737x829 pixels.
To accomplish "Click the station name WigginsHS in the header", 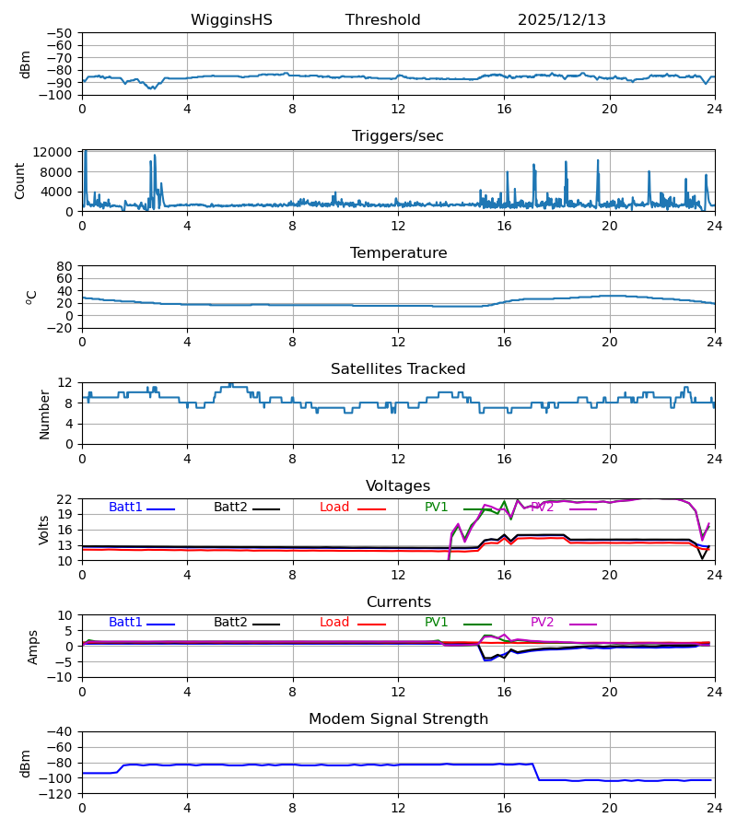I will (x=231, y=20).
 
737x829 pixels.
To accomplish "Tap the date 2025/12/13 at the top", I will (x=561, y=20).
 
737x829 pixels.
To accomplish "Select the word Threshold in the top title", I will (x=382, y=20).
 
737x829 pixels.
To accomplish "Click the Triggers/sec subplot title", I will (x=397, y=136).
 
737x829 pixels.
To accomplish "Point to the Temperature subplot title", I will (x=398, y=253).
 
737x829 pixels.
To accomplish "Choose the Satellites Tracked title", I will (x=398, y=369).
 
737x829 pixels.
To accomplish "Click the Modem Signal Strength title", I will (x=398, y=719).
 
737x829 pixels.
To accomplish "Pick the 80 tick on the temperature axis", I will (x=64, y=266).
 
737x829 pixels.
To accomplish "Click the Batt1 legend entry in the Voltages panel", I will (x=126, y=508).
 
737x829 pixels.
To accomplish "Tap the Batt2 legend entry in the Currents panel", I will (x=231, y=623).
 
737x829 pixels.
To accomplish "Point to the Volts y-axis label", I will (x=44, y=530).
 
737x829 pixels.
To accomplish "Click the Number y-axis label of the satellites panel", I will (x=44, y=414).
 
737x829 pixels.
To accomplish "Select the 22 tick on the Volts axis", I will (x=64, y=499).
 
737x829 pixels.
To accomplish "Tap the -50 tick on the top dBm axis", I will (x=60, y=33).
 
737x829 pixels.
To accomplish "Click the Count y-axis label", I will (x=20, y=181).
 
